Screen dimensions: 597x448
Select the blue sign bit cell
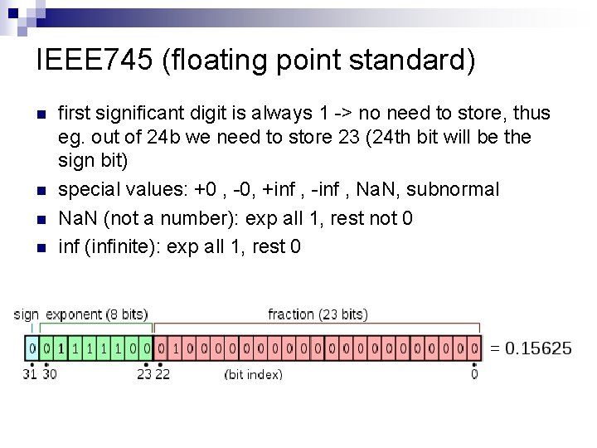coord(32,347)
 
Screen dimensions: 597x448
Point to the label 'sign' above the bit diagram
coord(27,314)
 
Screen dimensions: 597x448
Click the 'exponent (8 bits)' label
coord(96,314)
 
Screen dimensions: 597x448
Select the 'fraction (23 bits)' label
coord(318,314)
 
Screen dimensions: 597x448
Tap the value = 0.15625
coord(531,348)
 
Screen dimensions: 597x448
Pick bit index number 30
coord(49,374)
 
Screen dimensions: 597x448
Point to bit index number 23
coord(144,374)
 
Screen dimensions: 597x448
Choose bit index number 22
coord(162,374)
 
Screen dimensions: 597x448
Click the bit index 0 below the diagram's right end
coord(473,374)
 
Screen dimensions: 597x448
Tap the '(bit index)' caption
coord(254,374)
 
